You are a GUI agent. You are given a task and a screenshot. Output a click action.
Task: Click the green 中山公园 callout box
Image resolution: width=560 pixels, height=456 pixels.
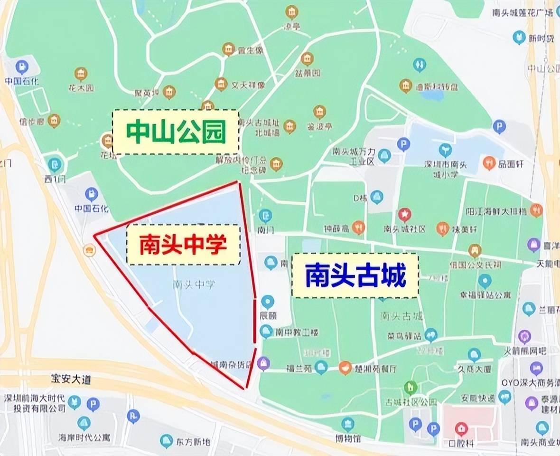176,132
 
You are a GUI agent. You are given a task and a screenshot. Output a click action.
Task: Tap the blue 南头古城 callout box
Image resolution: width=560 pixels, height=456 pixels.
355,275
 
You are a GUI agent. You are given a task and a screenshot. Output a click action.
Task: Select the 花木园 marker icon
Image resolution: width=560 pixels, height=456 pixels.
81,74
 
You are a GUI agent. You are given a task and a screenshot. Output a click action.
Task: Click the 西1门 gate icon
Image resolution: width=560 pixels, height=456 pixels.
56,165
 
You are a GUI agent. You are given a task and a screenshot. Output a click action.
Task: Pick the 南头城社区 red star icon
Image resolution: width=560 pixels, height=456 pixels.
404,215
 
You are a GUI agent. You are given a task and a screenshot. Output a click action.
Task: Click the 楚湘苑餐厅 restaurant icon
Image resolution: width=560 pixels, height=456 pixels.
345,367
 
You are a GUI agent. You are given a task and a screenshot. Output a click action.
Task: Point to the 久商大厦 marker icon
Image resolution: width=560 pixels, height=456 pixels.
474,354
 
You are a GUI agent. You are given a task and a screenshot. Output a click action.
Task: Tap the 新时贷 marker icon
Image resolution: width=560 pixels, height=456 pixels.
520,38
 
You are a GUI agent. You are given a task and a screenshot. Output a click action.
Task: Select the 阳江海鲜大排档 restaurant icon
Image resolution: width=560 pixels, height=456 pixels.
537,209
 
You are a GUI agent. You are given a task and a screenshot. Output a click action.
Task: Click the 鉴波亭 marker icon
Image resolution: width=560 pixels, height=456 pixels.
320,112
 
